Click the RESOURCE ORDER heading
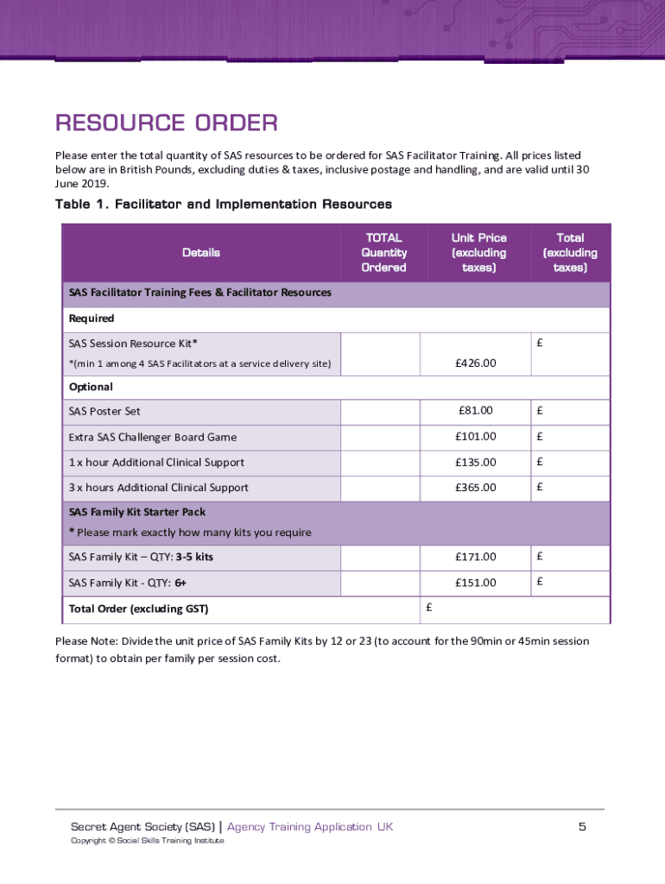[x=166, y=123]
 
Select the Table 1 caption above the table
[x=223, y=205]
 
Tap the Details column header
[x=201, y=253]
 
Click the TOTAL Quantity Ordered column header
[x=383, y=253]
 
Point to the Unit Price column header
[x=478, y=253]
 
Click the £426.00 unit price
[x=476, y=363]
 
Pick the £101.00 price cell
[x=476, y=437]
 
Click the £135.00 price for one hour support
[x=476, y=462]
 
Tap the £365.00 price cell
[x=476, y=488]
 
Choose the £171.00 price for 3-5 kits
[x=476, y=557]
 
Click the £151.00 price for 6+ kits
[x=476, y=583]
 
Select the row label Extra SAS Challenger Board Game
[x=152, y=437]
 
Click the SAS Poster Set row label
[x=104, y=411]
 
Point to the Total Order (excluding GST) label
[x=138, y=609]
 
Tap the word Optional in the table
[x=91, y=387]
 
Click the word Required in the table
[x=92, y=319]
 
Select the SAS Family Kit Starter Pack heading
[x=136, y=512]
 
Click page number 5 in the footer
[x=582, y=827]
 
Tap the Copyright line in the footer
[x=147, y=841]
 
